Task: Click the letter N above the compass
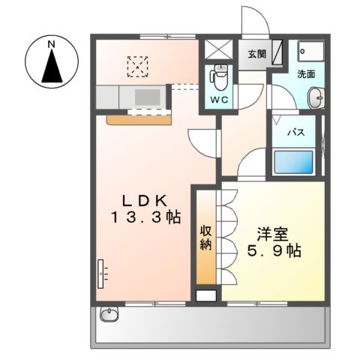tap(52, 45)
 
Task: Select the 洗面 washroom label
tap(306, 75)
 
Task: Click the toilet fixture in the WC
tap(220, 77)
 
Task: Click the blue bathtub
tap(294, 163)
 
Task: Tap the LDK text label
tap(150, 200)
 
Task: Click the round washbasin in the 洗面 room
tap(316, 97)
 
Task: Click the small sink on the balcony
tap(109, 314)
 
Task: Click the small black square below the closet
tap(205, 295)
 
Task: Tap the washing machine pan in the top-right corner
tap(307, 52)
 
